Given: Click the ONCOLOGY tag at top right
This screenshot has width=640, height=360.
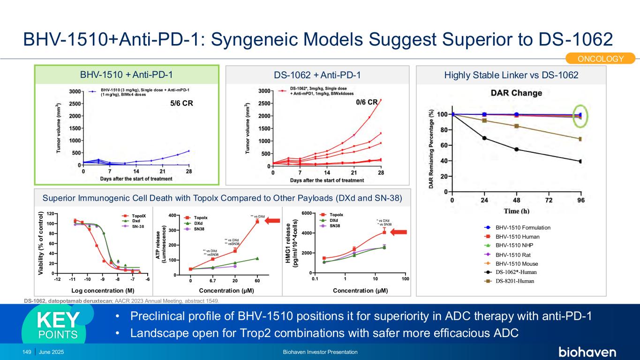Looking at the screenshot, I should point(601,59).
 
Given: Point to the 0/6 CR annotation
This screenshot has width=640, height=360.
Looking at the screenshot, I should point(367,102).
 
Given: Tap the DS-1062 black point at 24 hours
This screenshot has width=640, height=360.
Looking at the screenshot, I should point(484,138).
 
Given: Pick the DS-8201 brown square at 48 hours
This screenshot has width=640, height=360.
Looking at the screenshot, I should point(516,126).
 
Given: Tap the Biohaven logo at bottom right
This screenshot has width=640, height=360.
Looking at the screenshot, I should point(587,352).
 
